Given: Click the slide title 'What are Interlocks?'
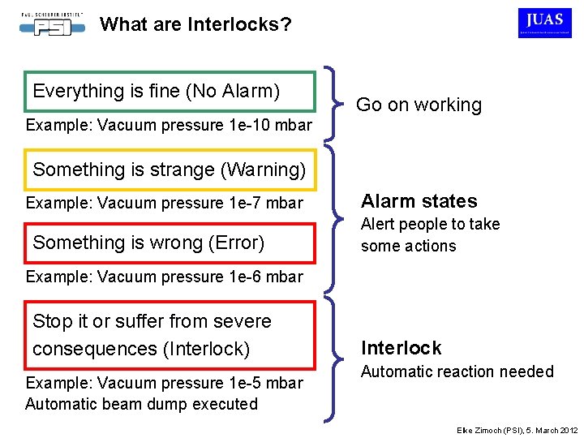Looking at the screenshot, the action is pos(195,24).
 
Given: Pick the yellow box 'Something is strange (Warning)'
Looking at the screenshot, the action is pos(170,170).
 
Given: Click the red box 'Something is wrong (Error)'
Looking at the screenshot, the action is pos(170,243).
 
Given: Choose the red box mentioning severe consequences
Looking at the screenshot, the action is pos(170,334).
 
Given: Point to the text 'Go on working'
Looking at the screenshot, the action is pos(419,105).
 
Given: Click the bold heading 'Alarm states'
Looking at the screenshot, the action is pos(419,201).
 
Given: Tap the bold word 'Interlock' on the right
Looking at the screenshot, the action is pos(401,348).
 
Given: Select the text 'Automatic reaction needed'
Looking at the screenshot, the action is pos(457,372).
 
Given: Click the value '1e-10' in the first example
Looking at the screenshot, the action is pos(247,125).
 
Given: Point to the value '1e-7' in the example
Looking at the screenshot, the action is pos(245,203).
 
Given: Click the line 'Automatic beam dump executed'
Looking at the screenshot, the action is pos(141,404).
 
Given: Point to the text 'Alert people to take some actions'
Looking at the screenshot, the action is pos(430,235).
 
